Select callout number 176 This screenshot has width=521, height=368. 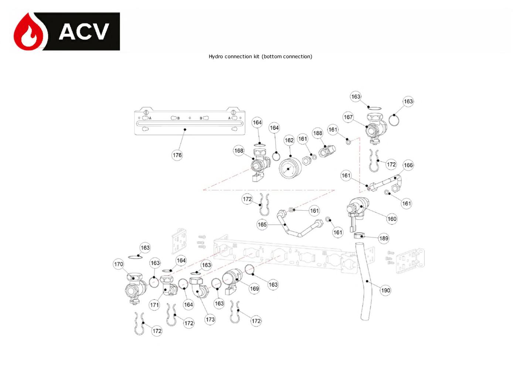[x=177, y=155]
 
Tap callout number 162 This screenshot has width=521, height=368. [x=289, y=140]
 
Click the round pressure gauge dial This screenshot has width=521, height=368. [x=290, y=168]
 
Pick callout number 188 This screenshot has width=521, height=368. [x=317, y=133]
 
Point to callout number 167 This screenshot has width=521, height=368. [x=348, y=117]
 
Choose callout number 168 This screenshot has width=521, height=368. [x=239, y=151]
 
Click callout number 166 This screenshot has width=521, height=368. [x=408, y=165]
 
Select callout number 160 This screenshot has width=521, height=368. [x=392, y=219]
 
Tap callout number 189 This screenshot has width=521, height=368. [x=384, y=238]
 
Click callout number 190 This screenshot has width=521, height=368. [x=385, y=290]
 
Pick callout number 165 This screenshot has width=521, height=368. [x=262, y=225]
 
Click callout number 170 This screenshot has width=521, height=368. [x=118, y=264]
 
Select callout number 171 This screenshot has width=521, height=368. [x=154, y=305]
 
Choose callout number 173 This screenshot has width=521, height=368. [x=210, y=320]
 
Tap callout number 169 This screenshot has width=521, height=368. [x=254, y=289]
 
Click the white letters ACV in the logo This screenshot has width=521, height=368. [x=84, y=32]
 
